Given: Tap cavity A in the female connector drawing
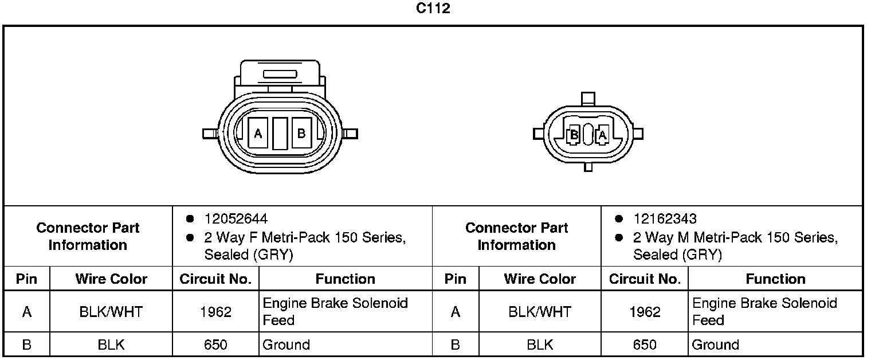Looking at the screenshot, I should click(258, 134).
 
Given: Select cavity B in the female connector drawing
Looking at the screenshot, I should click(301, 134).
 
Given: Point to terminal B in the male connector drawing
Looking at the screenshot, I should click(573, 135).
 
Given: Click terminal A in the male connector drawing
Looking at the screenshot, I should click(602, 135).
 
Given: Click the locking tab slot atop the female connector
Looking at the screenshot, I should click(279, 75).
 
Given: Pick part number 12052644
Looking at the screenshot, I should click(236, 219).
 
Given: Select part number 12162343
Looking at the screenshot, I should click(665, 219).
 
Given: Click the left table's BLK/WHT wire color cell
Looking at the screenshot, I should click(111, 312).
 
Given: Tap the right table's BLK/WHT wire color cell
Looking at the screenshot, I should click(540, 312).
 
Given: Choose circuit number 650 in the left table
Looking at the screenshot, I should click(215, 345).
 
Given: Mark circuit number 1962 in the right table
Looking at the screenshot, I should click(645, 312).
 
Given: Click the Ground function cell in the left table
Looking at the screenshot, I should click(286, 345).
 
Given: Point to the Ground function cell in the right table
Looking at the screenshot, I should click(715, 345).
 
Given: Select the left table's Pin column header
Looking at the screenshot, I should click(26, 279).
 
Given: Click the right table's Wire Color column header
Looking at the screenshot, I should click(540, 279).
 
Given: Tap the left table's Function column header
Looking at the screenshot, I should click(345, 279).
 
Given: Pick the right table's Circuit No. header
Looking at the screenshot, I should click(645, 279).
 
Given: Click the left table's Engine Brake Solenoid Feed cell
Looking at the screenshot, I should click(335, 311).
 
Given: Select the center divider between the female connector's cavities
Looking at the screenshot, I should click(280, 134).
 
